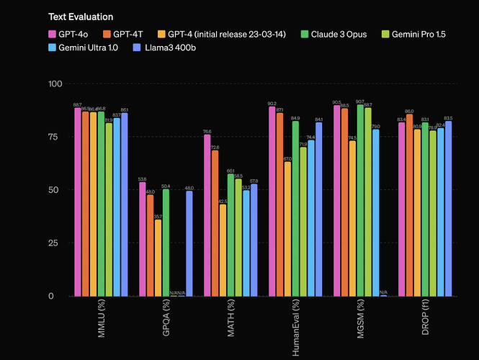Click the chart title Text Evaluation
coord(81,17)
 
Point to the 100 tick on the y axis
coord(54,84)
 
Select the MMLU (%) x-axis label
coord(100,321)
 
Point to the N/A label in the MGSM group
coord(384,292)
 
